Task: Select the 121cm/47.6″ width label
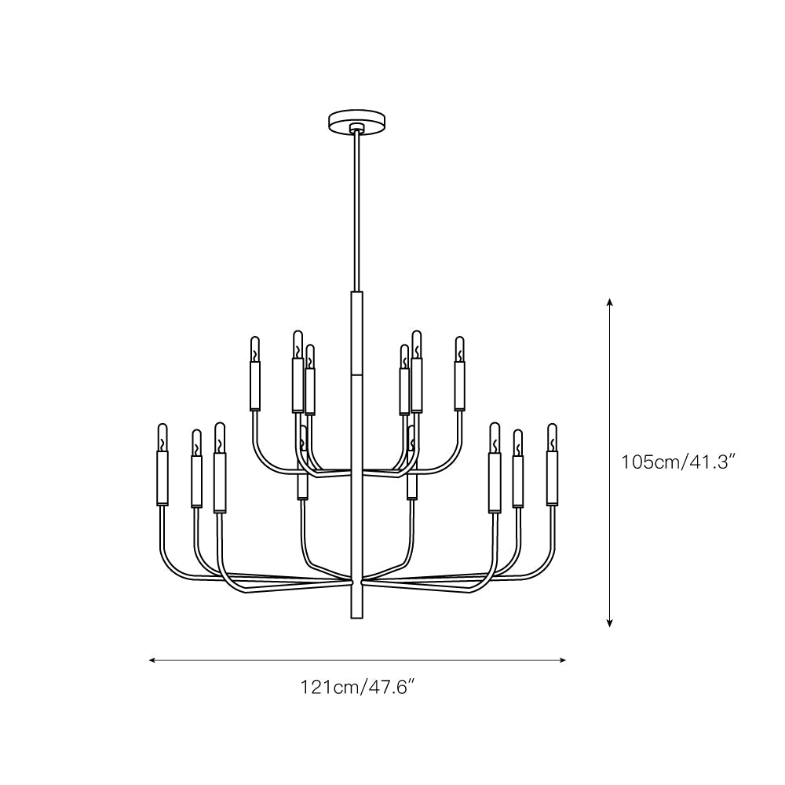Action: click(x=357, y=688)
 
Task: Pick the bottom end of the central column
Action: click(x=357, y=615)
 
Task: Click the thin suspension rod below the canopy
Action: click(x=358, y=212)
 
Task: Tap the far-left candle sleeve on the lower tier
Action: click(x=162, y=479)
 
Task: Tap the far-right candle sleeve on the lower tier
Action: click(x=552, y=479)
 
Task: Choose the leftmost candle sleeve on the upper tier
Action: click(x=254, y=387)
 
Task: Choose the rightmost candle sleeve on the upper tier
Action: click(x=460, y=387)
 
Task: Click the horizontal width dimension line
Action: click(x=357, y=660)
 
